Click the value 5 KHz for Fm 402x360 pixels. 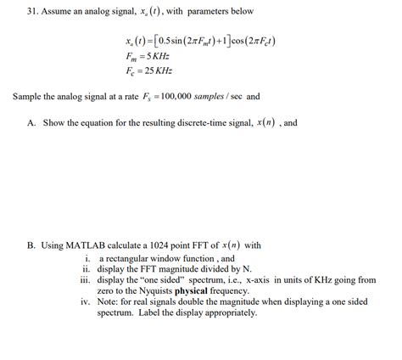pyautogui.click(x=159, y=56)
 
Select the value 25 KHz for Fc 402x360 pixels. pyautogui.click(x=159, y=70)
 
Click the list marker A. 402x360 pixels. pyautogui.click(x=31, y=122)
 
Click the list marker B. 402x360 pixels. pyautogui.click(x=31, y=245)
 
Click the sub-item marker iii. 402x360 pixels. pyautogui.click(x=84, y=278)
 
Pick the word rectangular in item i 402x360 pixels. pyautogui.click(x=127, y=257)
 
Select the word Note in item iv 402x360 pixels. pyautogui.click(x=109, y=301)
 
